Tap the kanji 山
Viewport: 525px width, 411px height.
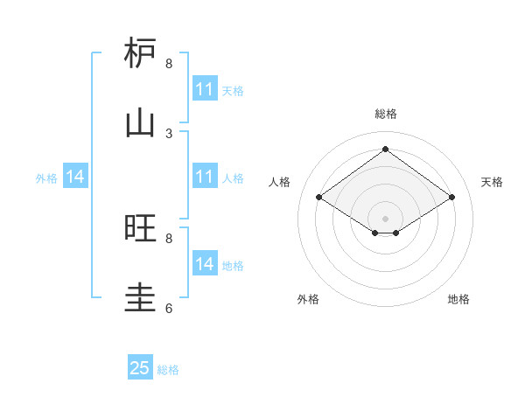click(x=140, y=122)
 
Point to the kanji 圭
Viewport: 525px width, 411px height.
click(x=140, y=297)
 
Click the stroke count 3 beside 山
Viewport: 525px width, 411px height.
click(x=169, y=134)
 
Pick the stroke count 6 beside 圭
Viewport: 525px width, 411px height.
click(x=169, y=309)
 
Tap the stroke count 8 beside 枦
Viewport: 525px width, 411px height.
click(x=169, y=64)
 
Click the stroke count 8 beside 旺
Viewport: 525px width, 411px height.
click(x=169, y=239)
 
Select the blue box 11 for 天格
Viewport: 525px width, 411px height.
click(x=205, y=89)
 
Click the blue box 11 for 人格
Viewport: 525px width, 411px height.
click(x=205, y=178)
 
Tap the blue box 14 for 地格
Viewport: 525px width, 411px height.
click(x=205, y=264)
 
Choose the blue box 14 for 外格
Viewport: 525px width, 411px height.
click(x=75, y=178)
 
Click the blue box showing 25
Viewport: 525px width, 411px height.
click(x=140, y=368)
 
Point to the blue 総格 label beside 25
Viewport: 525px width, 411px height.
click(x=168, y=370)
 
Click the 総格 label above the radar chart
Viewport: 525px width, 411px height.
click(x=385, y=114)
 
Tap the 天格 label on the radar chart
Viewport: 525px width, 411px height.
click(x=492, y=182)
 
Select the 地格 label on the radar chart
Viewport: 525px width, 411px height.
click(x=458, y=299)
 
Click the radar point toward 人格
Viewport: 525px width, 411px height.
click(x=319, y=198)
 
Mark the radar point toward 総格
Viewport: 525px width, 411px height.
click(x=385, y=150)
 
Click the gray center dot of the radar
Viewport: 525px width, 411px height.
click(x=385, y=218)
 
